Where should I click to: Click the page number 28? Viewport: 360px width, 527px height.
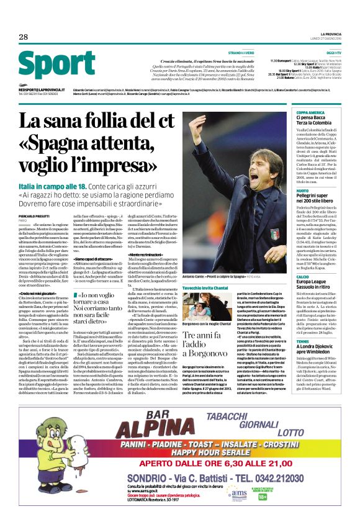pyautogui.click(x=24, y=37)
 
